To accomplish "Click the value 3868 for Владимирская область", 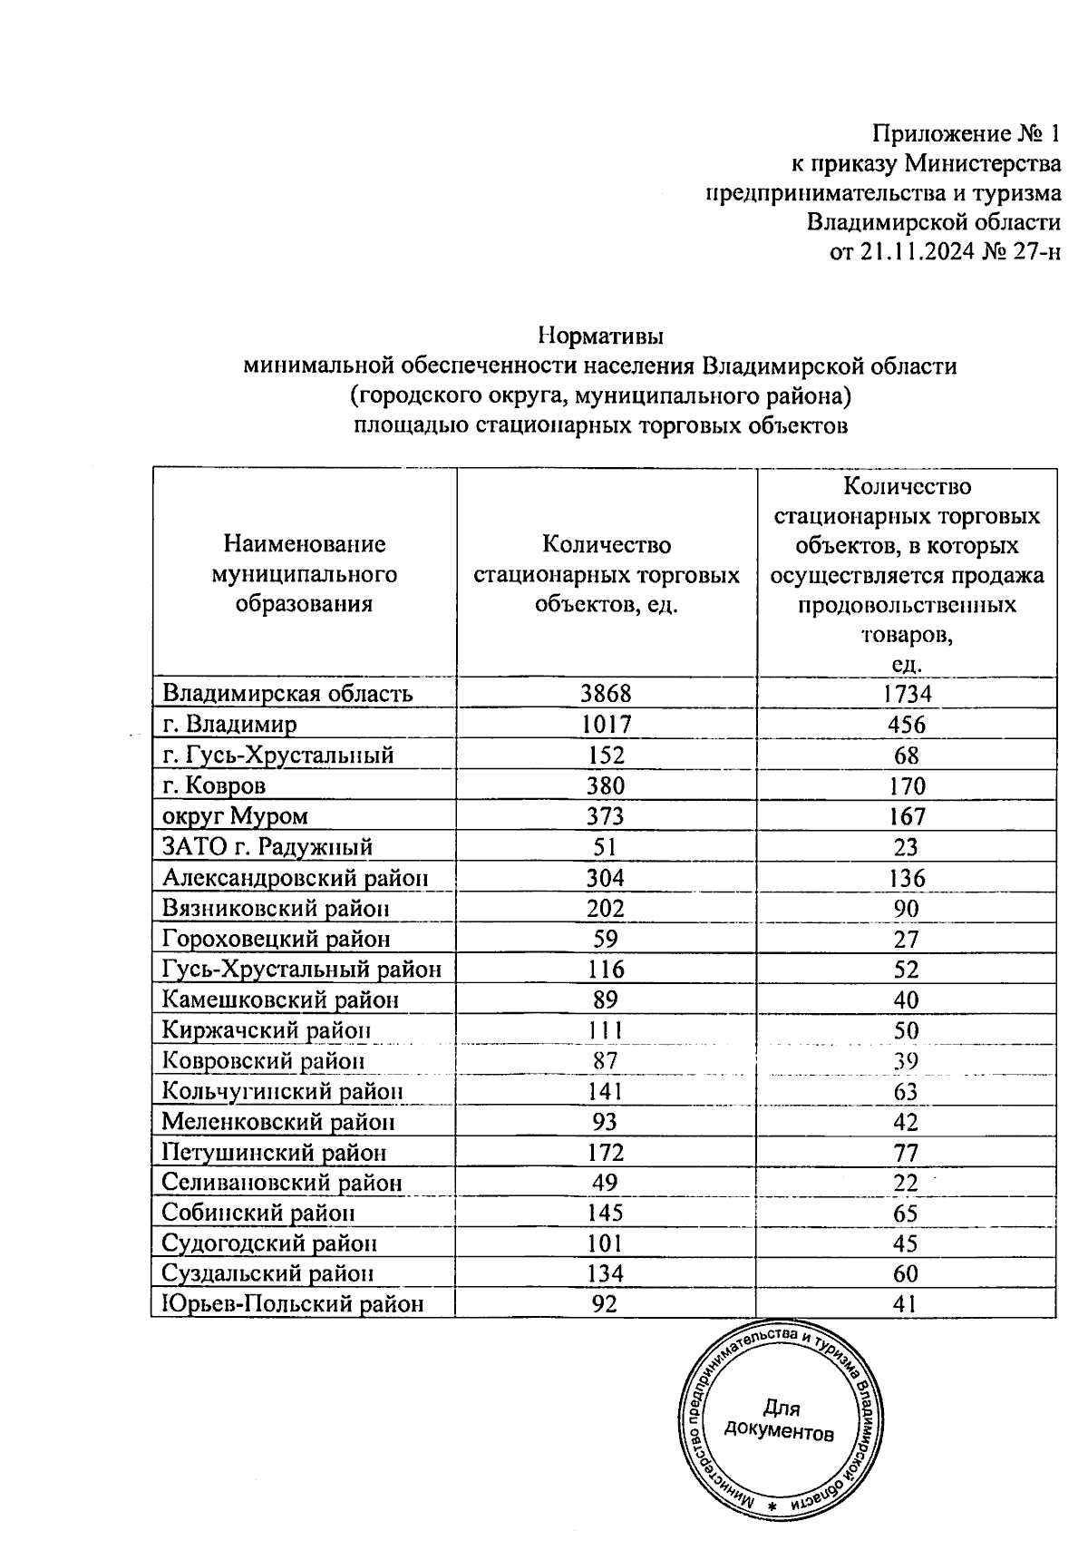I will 606,694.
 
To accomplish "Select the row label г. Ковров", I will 214,785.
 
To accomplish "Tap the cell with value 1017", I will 606,725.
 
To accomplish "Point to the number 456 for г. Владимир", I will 906,725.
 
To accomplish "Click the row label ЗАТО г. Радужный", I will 267,847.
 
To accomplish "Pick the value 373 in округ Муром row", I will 605,816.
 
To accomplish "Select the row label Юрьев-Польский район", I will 293,1304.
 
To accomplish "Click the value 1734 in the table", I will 906,694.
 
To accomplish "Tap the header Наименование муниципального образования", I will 305,574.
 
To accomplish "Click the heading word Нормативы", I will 600,336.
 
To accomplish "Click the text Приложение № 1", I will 966,135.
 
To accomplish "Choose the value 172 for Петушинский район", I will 605,1153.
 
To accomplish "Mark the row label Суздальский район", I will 268,1273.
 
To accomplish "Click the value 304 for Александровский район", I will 605,878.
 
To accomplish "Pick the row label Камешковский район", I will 280,999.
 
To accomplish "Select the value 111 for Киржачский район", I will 605,1030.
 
